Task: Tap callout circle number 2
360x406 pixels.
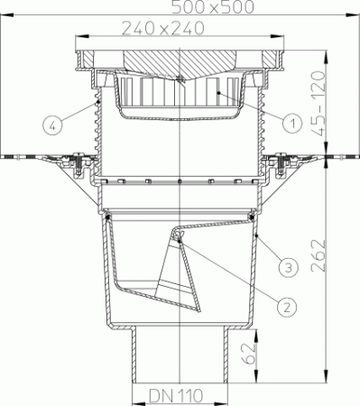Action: pyautogui.click(x=285, y=307)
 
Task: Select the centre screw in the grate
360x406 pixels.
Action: pyautogui.click(x=180, y=79)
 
